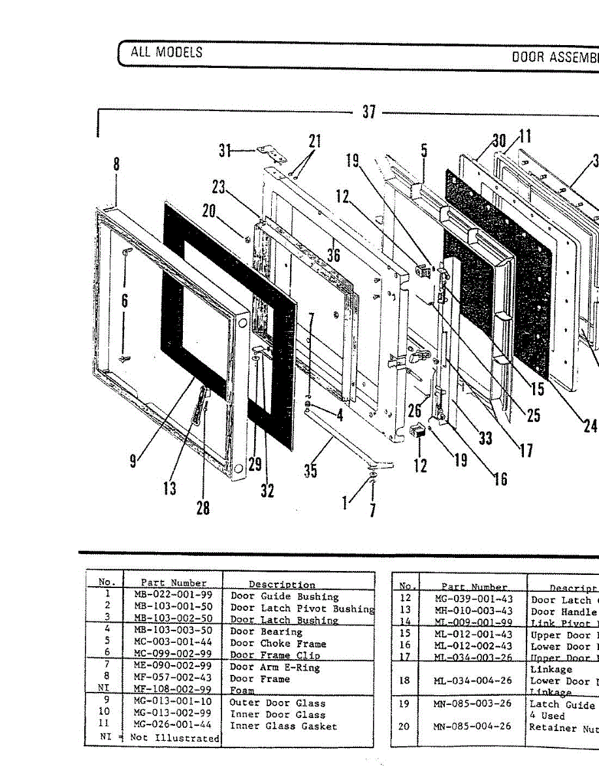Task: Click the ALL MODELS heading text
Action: point(167,52)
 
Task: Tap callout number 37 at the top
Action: point(369,112)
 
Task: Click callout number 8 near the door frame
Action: point(116,164)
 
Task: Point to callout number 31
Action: point(225,151)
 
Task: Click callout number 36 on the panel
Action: point(334,255)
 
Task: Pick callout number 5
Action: point(424,151)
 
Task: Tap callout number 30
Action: point(499,140)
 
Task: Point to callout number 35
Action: point(311,470)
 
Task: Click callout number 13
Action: point(170,488)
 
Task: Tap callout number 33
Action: point(485,437)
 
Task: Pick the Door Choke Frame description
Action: point(278,644)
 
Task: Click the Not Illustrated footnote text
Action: point(174,738)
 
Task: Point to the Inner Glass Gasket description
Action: point(283,727)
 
